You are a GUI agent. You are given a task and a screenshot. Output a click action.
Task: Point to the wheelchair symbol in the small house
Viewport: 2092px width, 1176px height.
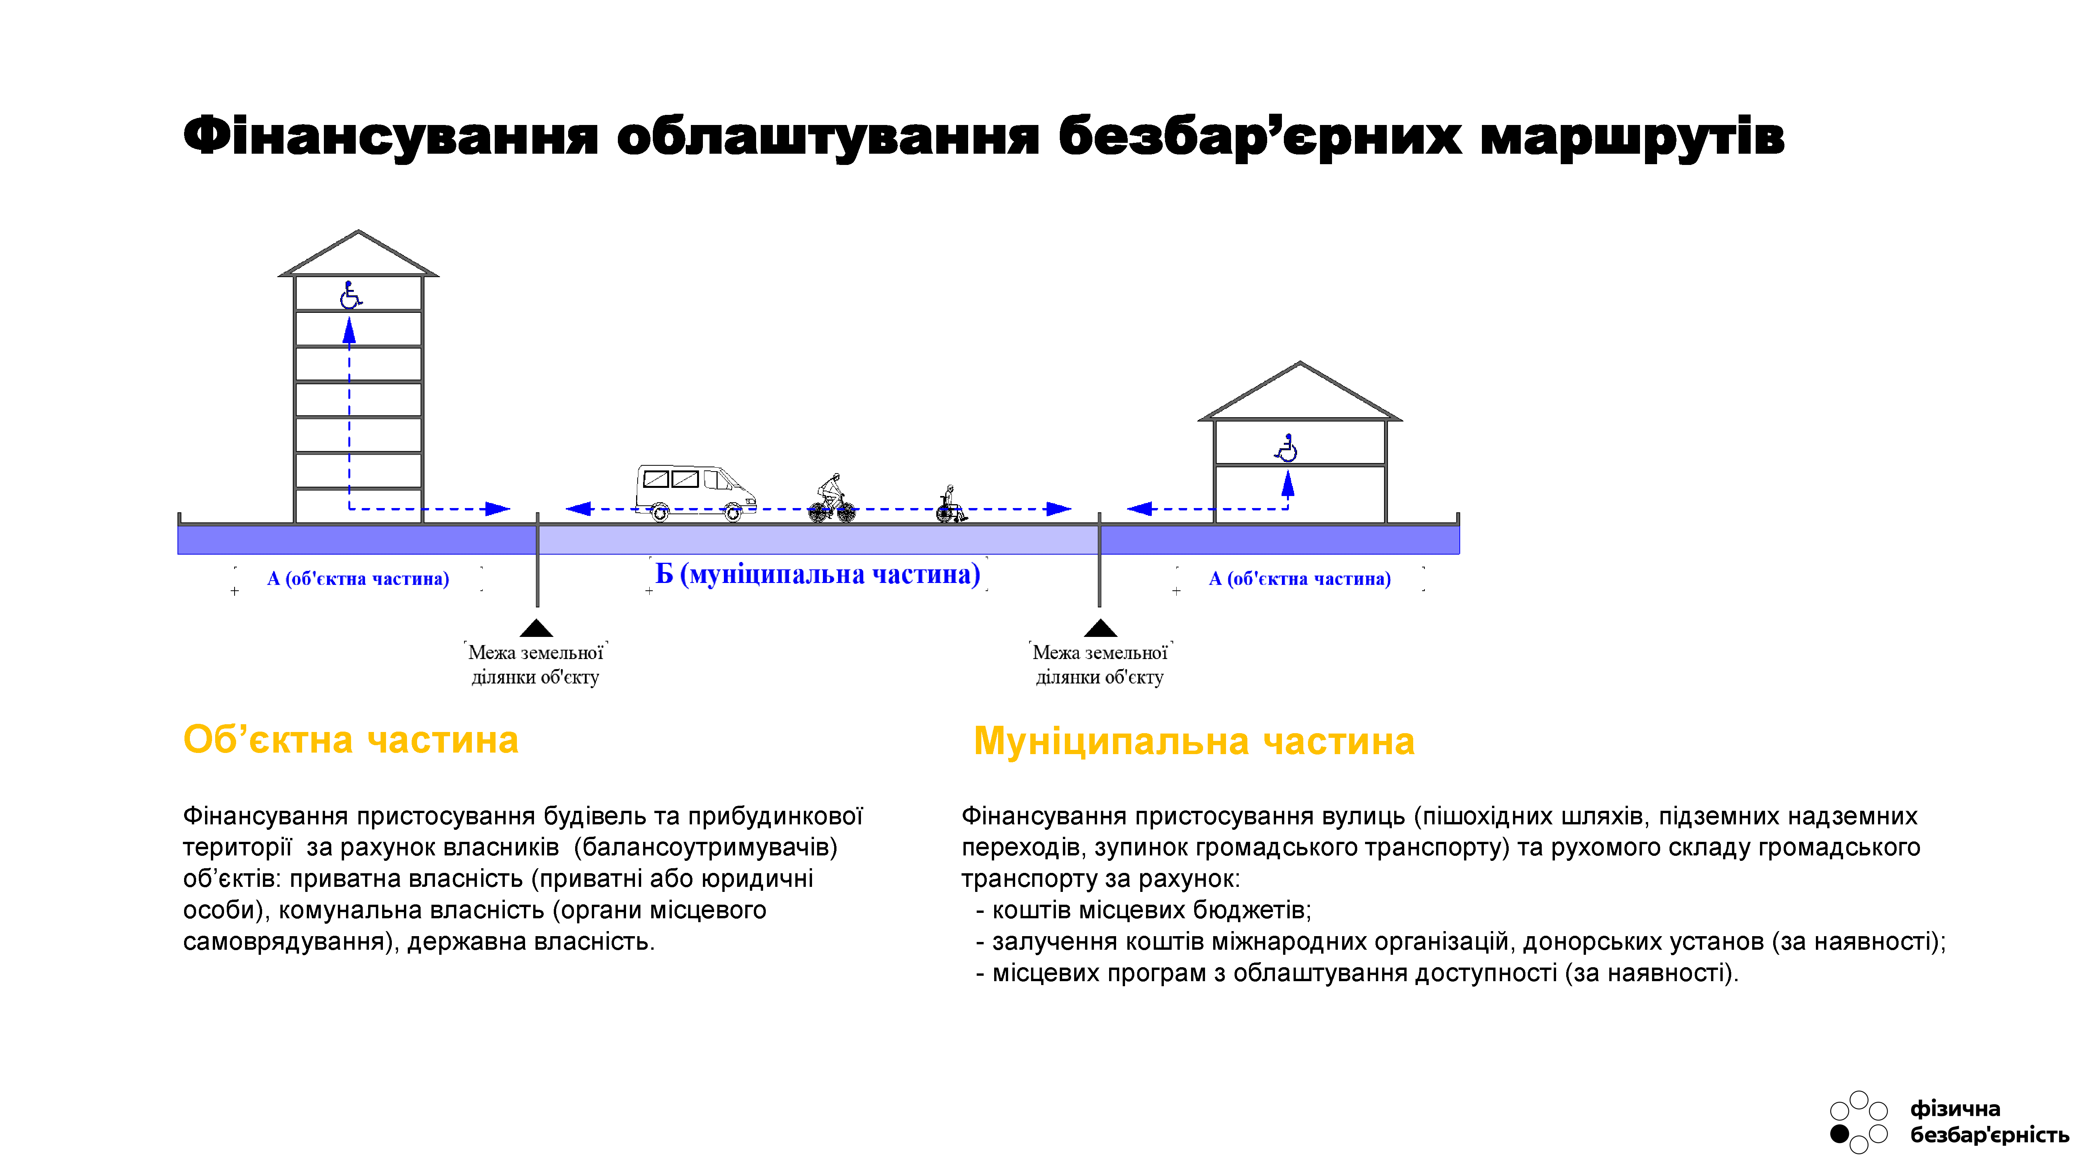point(1287,448)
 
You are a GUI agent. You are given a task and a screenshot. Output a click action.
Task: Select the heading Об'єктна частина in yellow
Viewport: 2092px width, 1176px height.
point(351,739)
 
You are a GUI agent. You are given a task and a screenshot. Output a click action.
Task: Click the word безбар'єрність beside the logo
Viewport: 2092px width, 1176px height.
point(1989,1134)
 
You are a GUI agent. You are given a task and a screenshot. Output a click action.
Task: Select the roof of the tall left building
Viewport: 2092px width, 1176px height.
point(358,253)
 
